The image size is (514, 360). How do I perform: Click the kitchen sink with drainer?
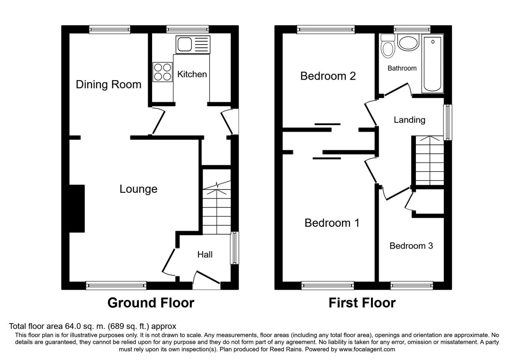coord(193,45)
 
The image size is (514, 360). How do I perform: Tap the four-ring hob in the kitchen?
coord(162,72)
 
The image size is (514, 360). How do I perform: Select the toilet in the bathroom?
coord(388,46)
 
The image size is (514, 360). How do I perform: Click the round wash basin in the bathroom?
coord(408,42)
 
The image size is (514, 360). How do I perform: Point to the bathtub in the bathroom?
coord(432,63)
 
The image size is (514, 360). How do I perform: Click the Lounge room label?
coord(138,189)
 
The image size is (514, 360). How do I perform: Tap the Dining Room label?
coord(108,84)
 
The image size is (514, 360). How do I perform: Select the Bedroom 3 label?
coord(411,246)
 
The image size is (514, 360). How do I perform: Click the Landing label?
coord(409,120)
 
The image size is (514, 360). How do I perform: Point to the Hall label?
coord(205,255)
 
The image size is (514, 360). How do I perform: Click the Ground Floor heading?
coord(151,303)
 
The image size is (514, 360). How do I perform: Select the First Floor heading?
coord(362,303)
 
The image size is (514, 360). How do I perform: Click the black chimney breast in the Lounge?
coord(77,208)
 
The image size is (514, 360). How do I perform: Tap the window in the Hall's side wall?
coord(235,248)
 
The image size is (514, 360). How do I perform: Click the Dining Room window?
coord(110,30)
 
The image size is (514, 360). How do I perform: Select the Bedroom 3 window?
coord(412,285)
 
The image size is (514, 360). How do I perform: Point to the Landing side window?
coord(448,122)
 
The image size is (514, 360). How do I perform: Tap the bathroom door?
coord(397,90)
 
